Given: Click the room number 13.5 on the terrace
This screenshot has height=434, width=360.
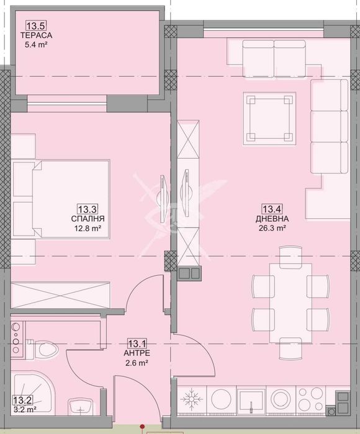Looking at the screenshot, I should point(35,26).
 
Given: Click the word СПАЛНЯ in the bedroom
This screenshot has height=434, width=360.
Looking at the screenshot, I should point(88,219).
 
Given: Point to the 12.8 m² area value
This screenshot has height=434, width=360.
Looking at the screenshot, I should point(88,228).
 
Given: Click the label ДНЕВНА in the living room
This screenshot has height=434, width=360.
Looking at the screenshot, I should point(271,219).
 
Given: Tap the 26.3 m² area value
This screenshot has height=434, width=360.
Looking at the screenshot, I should point(271,228).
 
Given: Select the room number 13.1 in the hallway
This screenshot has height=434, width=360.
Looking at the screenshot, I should point(137,343).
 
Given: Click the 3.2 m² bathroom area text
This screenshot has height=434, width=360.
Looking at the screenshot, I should point(24,409).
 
